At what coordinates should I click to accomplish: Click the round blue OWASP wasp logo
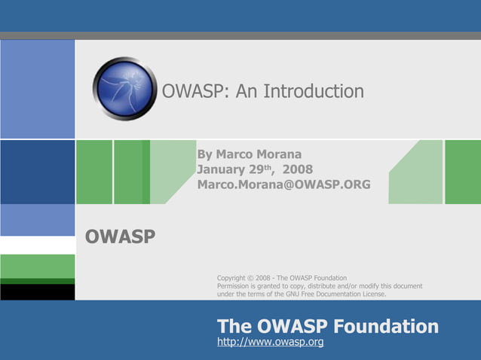(124, 89)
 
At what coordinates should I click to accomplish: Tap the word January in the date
(222, 169)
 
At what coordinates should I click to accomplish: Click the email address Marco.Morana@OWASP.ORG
(283, 184)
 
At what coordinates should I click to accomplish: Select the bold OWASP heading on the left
(121, 237)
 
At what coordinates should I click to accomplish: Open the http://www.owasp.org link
(270, 343)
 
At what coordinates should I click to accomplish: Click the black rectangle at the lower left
(37, 292)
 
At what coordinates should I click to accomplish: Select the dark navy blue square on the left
(37, 172)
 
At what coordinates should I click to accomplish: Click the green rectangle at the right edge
(463, 172)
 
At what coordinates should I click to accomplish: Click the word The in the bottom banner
(234, 326)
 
